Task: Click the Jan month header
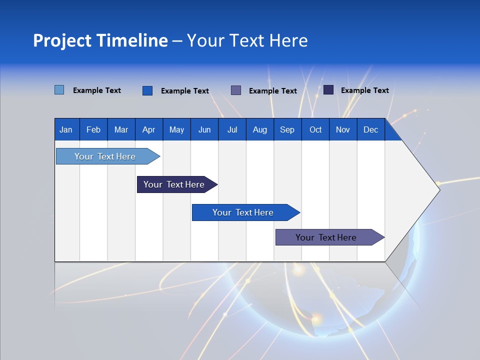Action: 66,129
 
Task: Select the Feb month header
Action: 93,129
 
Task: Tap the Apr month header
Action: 148,129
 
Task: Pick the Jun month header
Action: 204,129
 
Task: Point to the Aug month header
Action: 259,129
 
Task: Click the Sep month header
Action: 287,129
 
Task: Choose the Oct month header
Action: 315,129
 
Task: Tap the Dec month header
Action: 370,129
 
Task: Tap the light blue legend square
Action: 59,90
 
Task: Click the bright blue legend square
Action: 147,90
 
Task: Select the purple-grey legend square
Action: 236,90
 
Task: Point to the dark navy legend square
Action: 328,90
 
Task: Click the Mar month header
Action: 121,129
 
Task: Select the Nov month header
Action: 343,129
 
